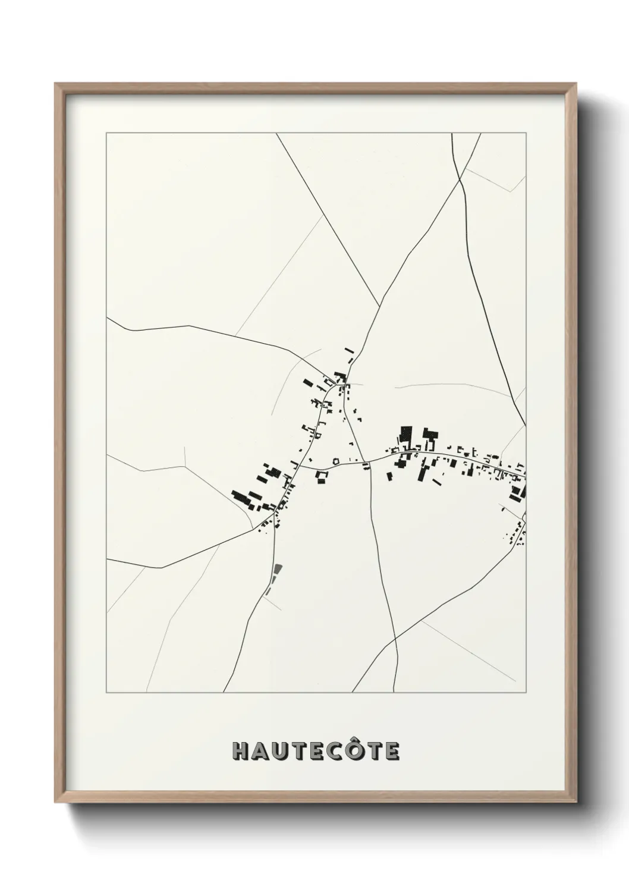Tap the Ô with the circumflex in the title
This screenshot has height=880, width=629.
coord(354,750)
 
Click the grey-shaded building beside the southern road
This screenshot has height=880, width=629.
coord(276,571)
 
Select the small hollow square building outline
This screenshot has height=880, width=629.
coord(336,461)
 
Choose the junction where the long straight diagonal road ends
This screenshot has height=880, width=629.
coord(380,307)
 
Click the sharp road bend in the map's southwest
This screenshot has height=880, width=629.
coord(162,567)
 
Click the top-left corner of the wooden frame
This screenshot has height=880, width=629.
coord(56,84)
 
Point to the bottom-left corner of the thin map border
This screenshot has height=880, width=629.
coord(106,693)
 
